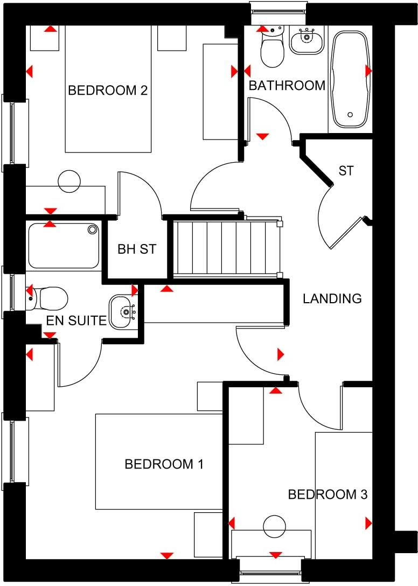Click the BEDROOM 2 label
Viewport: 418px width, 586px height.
[108, 90]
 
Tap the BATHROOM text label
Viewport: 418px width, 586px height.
[287, 85]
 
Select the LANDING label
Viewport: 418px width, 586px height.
[332, 298]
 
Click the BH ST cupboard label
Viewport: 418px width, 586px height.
[137, 249]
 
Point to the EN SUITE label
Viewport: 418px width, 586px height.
[76, 322]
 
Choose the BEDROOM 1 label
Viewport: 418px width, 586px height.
[164, 464]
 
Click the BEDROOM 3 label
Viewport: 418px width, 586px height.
[328, 494]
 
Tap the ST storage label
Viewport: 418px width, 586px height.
[346, 171]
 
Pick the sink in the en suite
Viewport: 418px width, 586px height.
[124, 311]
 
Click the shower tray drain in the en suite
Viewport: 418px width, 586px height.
[93, 230]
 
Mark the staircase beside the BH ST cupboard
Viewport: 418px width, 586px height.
[225, 247]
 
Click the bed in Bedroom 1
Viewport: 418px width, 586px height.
[159, 462]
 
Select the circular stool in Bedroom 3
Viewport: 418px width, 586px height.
[274, 526]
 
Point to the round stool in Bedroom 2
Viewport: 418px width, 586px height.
[69, 181]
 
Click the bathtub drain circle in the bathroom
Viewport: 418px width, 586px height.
[351, 115]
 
